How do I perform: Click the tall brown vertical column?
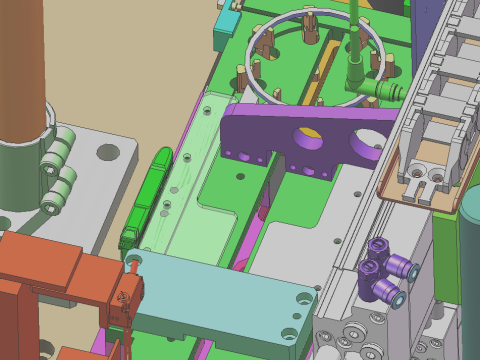pyautogui.click(x=22, y=70)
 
